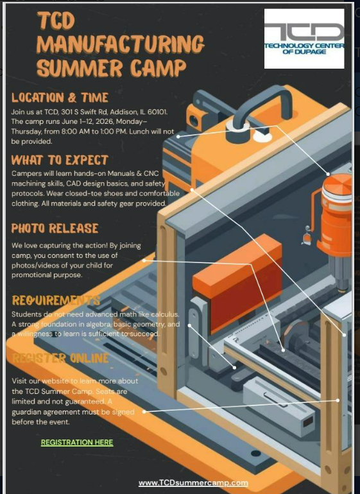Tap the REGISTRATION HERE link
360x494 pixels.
click(76, 443)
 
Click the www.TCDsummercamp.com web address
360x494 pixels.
click(193, 482)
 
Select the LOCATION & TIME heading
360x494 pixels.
click(60, 98)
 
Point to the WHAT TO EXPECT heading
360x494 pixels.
click(60, 160)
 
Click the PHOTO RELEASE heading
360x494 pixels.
click(55, 228)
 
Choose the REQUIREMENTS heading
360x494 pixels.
click(56, 300)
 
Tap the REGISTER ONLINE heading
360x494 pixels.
click(60, 358)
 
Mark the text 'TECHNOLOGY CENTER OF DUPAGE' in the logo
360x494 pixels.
click(304, 48)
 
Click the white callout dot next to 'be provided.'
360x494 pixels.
click(178, 136)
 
